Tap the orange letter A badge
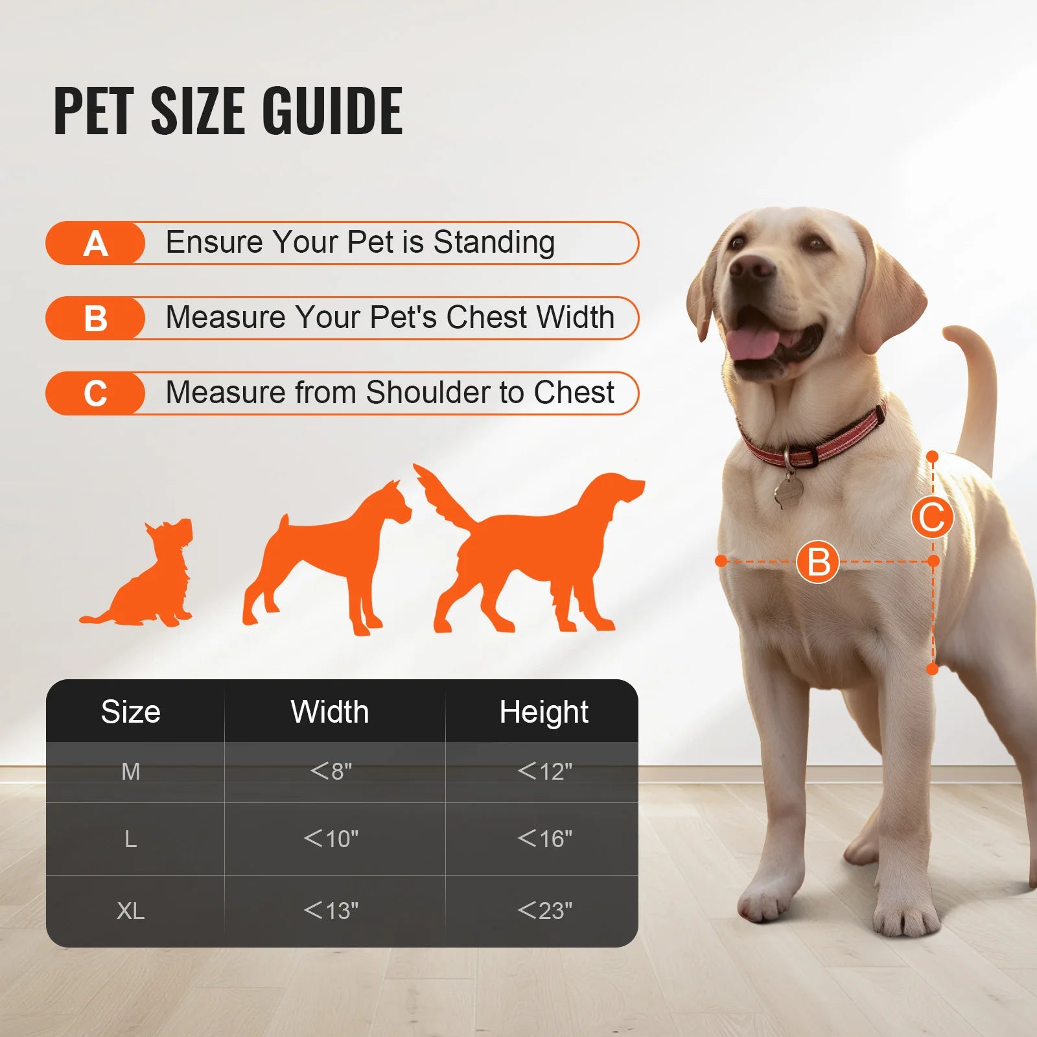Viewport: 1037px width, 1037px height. pyautogui.click(x=95, y=244)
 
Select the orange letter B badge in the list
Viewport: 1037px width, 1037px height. pyautogui.click(x=95, y=319)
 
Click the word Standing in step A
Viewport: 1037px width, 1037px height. pyautogui.click(x=494, y=242)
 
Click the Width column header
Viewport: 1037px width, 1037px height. pyautogui.click(x=330, y=712)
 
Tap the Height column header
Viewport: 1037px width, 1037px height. pyautogui.click(x=543, y=712)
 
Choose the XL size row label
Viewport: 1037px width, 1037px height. pyautogui.click(x=130, y=911)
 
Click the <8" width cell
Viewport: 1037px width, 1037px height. pyautogui.click(x=331, y=771)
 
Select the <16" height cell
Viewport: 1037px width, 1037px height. pyautogui.click(x=544, y=839)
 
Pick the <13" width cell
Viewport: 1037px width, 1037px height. pyautogui.click(x=331, y=911)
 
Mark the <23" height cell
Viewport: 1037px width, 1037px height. pyautogui.click(x=544, y=911)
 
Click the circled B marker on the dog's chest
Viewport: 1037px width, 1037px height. pyautogui.click(x=817, y=561)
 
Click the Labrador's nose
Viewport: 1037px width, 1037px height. pyautogui.click(x=752, y=266)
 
